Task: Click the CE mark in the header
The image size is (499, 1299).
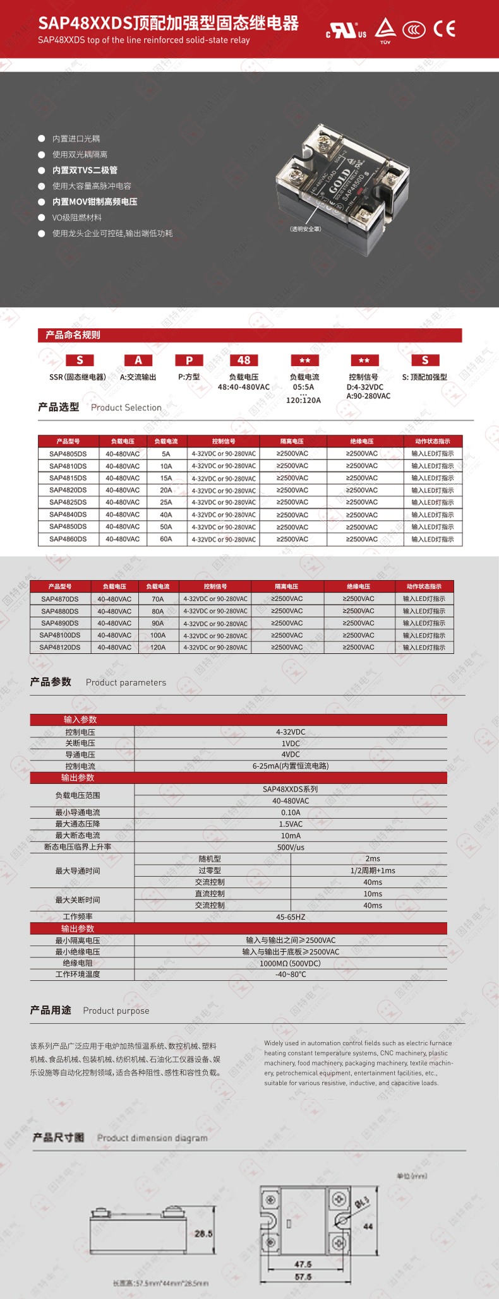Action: [x=444, y=29]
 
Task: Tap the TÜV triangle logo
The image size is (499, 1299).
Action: [x=385, y=29]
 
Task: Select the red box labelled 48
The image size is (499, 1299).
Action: [x=244, y=360]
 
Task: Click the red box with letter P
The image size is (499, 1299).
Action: [x=189, y=360]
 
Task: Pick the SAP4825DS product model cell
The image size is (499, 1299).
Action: [x=68, y=502]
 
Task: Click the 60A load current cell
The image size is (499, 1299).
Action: [x=166, y=539]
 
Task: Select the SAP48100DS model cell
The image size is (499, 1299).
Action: [x=60, y=635]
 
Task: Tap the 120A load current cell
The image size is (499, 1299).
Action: [x=158, y=647]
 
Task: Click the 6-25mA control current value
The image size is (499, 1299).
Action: [x=291, y=766]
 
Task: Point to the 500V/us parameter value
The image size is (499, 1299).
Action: [x=291, y=847]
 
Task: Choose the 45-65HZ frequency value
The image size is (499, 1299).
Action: [x=291, y=916]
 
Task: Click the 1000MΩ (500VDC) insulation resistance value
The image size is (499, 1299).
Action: [x=291, y=963]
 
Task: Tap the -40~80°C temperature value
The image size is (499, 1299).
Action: [x=291, y=975]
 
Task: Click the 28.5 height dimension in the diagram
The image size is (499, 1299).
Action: [x=203, y=1233]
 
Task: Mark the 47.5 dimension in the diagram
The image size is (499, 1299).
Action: [x=303, y=1264]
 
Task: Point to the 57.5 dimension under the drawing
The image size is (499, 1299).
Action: [x=303, y=1277]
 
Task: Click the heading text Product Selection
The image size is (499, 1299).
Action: [x=126, y=408]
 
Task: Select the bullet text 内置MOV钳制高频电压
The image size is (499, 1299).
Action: [x=95, y=202]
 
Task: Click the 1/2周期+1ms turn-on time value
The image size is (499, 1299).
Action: [x=373, y=870]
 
